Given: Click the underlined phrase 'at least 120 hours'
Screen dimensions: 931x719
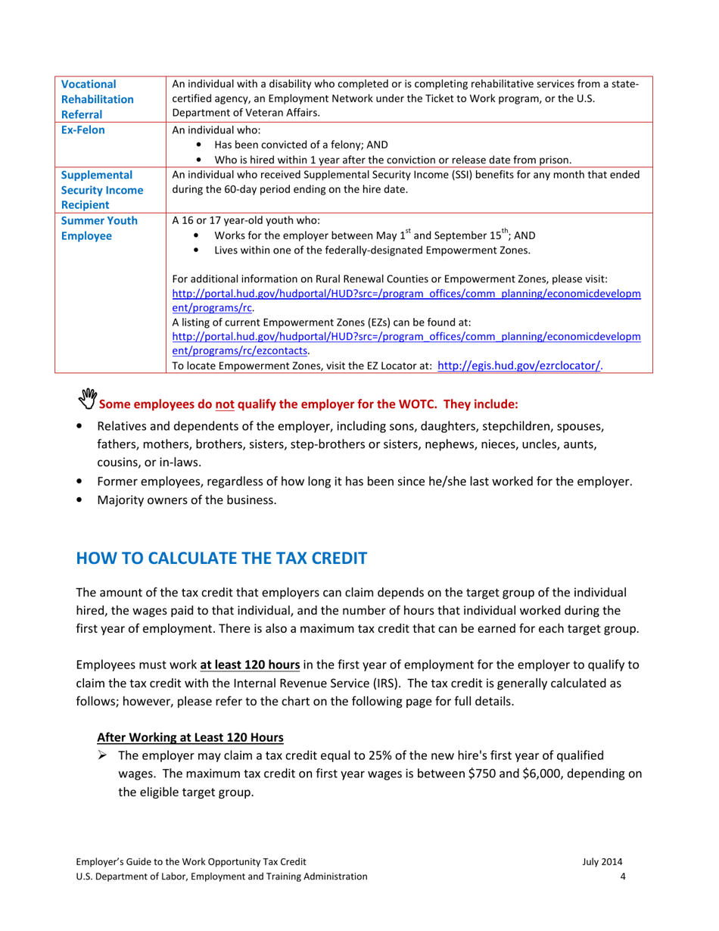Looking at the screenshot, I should point(250,665).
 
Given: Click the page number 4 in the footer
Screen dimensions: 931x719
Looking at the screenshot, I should point(621,877).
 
